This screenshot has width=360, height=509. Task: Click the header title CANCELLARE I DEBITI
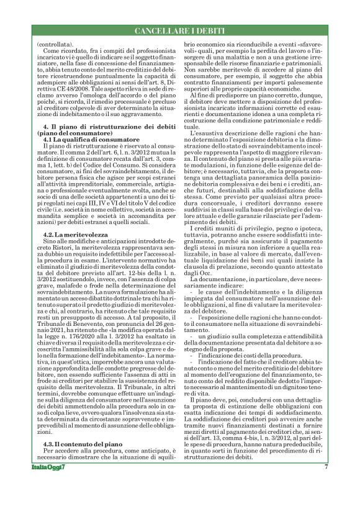[x=181, y=30]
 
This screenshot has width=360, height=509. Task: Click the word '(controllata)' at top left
[x=55, y=44]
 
